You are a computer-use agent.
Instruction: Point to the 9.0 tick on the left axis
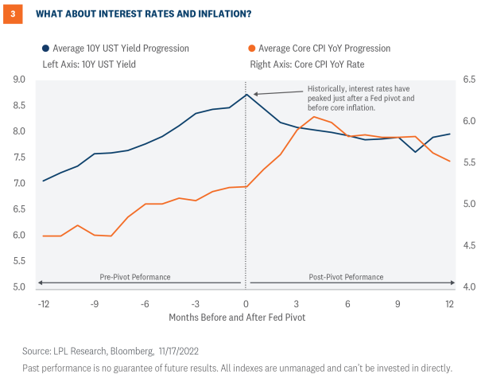(x=19, y=80)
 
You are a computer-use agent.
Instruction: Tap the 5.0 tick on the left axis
(x=19, y=286)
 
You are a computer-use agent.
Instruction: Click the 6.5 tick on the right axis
(x=468, y=80)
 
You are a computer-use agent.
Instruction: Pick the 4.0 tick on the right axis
(x=468, y=286)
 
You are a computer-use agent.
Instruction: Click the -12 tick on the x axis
(x=43, y=304)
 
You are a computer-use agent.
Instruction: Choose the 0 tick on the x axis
(x=246, y=304)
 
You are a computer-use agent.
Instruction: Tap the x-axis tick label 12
(x=449, y=304)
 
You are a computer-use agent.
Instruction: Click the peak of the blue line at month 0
(x=246, y=95)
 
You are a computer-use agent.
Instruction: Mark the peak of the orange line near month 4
(x=314, y=116)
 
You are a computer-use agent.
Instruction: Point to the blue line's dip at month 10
(x=416, y=152)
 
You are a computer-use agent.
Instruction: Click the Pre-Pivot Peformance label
(x=135, y=277)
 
